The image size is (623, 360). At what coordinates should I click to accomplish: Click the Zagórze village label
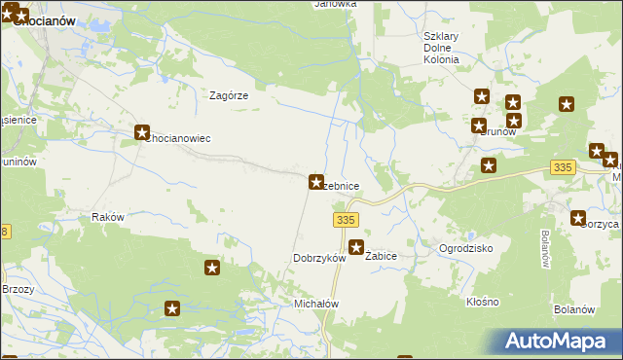pyautogui.click(x=231, y=95)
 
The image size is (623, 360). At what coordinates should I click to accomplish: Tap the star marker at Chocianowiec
pyautogui.click(x=142, y=132)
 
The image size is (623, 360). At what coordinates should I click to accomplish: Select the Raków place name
pyautogui.click(x=107, y=217)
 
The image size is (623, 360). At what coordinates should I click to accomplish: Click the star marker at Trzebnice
pyautogui.click(x=316, y=181)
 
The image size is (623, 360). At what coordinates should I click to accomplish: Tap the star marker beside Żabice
pyautogui.click(x=357, y=247)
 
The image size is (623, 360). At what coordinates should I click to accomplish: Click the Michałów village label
pyautogui.click(x=315, y=304)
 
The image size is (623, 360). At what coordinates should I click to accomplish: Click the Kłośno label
pyautogui.click(x=482, y=303)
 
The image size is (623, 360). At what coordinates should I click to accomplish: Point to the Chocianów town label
pyautogui.click(x=43, y=19)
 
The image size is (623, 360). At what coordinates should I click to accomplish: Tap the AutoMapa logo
pyautogui.click(x=560, y=342)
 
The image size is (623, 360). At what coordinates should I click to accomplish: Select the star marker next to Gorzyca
pyautogui.click(x=579, y=219)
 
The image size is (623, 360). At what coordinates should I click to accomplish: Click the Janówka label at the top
pyautogui.click(x=335, y=4)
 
